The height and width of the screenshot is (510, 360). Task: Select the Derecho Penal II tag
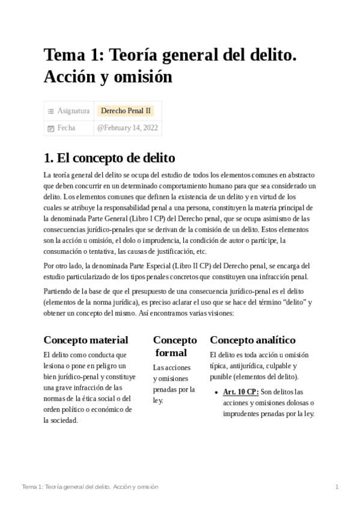pos(126,111)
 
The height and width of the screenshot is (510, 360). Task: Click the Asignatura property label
pos(73,111)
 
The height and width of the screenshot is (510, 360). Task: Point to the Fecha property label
pos(66,128)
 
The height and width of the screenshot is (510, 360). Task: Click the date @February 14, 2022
pos(127,128)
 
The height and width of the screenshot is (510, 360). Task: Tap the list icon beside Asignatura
pos(50,111)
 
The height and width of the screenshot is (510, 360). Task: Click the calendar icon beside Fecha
pos(50,128)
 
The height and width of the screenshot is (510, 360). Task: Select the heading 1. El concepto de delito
pos(109,158)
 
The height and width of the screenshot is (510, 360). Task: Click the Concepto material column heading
pos(86,340)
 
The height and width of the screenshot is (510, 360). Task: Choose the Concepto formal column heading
pos(174,346)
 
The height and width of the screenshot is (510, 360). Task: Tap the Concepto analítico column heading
pos(252,340)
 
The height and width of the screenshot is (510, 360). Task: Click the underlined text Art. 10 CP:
pos(240,392)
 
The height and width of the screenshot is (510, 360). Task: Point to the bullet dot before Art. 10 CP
pos(216,392)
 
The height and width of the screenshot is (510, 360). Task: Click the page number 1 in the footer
pos(337,486)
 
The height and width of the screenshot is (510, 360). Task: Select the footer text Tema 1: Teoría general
pos(66,486)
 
